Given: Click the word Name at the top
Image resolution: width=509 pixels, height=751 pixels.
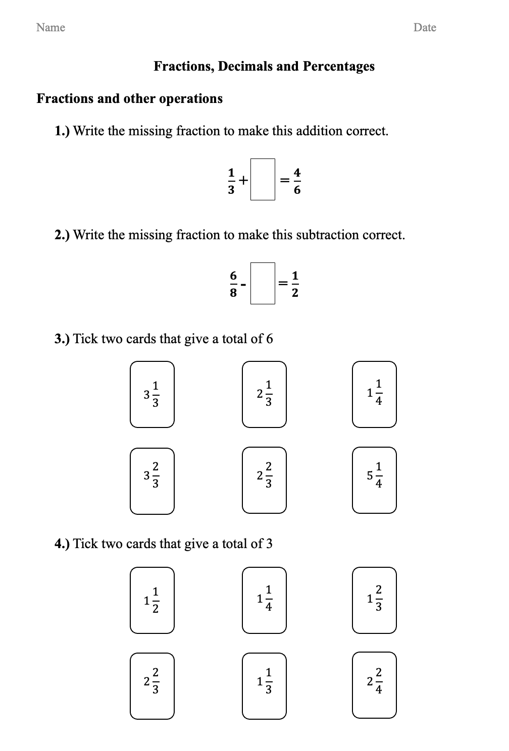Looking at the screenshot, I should tap(50, 27).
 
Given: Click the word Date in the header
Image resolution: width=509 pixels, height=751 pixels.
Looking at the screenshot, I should tap(424, 27).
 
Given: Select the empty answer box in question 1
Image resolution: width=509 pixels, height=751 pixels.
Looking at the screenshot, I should tap(263, 179).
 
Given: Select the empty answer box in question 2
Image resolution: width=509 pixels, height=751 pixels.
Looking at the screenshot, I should tap(263, 283).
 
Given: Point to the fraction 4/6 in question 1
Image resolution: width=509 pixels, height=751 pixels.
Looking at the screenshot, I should tap(297, 180).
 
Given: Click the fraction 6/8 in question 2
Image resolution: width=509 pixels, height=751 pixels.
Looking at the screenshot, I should tap(233, 284).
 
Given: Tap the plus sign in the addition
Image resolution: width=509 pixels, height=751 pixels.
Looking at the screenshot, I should tap(243, 180).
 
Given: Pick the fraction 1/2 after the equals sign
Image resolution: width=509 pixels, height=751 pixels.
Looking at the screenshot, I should tap(295, 284).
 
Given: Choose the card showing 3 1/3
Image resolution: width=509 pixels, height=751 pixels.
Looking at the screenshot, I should tap(152, 394).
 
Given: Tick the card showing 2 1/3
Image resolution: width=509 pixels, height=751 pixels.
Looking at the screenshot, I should tap(264, 394).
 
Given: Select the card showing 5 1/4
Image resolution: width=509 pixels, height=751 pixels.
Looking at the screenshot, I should tap(374, 480).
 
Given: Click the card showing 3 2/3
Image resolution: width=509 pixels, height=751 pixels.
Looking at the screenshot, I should tap(152, 480).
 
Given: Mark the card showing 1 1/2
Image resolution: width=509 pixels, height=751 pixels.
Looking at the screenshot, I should tap(152, 600).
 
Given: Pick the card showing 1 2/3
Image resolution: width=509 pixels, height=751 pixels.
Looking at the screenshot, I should tap(374, 600).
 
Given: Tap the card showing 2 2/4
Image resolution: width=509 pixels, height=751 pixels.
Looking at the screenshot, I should tap(374, 685).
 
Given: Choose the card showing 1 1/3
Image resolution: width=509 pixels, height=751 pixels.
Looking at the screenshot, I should tap(264, 685).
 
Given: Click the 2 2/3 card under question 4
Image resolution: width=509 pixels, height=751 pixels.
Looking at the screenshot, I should tap(152, 685).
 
